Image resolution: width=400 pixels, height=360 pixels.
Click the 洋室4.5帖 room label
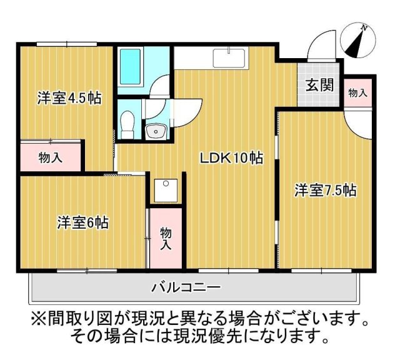pyautogui.click(x=69, y=98)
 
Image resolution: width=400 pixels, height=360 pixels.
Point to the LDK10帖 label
pyautogui.click(x=231, y=159)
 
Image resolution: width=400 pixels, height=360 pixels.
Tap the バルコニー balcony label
pyautogui.click(x=186, y=288)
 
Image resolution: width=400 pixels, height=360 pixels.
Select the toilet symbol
pyautogui.click(x=127, y=122)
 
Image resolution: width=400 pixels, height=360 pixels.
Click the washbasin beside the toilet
pyautogui.click(x=155, y=131)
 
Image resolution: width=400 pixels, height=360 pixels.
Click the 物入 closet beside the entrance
pyautogui.click(x=357, y=92)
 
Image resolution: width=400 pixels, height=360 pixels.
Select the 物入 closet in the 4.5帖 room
pyautogui.click(x=50, y=157)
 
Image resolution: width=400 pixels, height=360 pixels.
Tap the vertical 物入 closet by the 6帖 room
pyautogui.click(x=166, y=238)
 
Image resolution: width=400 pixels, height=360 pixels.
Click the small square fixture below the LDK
pyautogui.click(x=166, y=190)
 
